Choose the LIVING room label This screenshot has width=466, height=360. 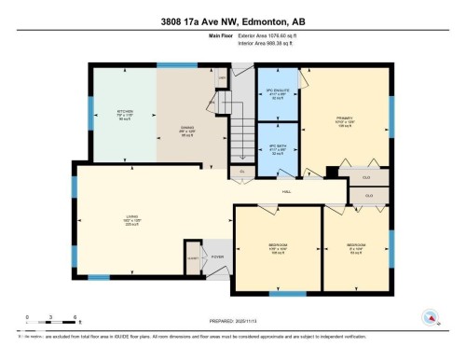click(x=132, y=219)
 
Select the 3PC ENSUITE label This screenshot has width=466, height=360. click(x=276, y=91)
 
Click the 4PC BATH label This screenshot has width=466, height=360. click(x=276, y=149)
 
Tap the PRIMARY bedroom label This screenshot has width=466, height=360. click(x=341, y=121)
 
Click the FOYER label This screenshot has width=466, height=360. click(x=217, y=256)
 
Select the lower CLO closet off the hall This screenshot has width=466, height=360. click(x=368, y=195)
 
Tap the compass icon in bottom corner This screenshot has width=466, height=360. click(x=430, y=318)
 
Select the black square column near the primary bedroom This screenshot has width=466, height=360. click(x=332, y=172)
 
